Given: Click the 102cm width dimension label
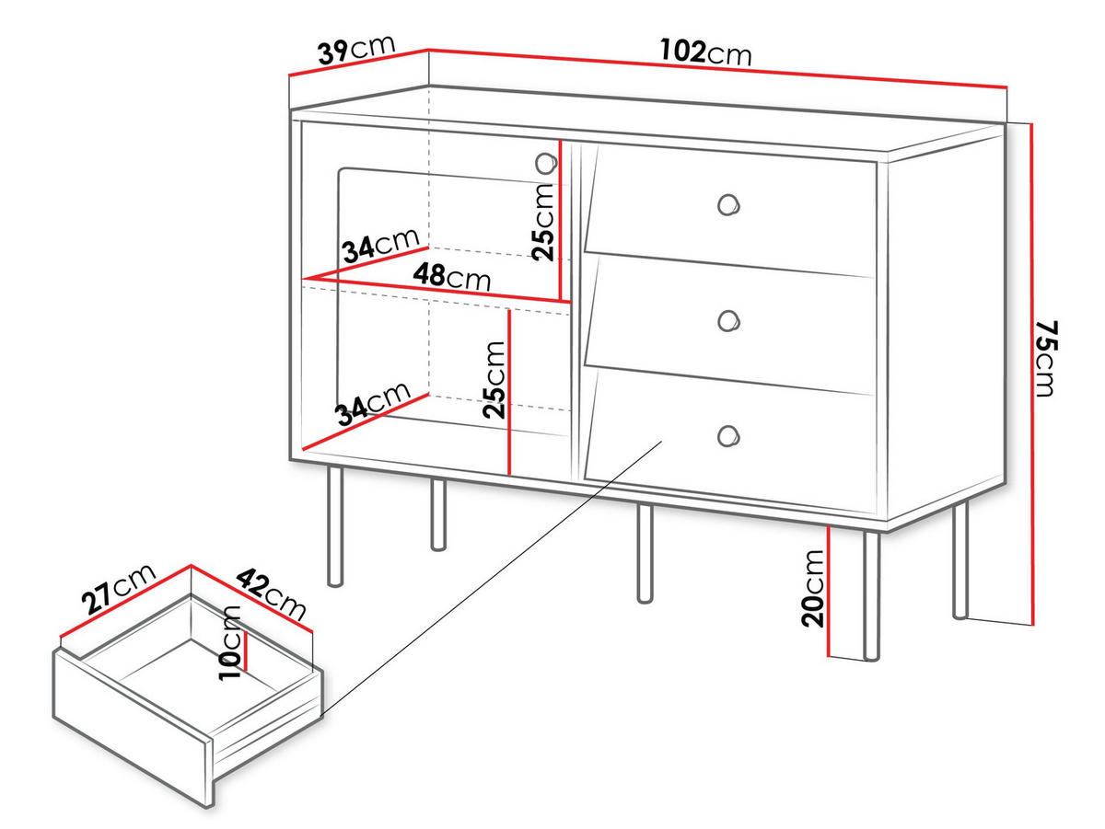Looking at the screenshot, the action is [705, 52].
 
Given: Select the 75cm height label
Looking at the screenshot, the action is [1047, 359].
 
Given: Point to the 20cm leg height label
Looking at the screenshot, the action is [812, 589].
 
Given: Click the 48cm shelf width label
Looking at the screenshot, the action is [451, 277].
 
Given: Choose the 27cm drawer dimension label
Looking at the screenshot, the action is [119, 589].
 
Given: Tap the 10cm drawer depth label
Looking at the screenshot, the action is [229, 642].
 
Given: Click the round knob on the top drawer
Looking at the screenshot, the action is [728, 205].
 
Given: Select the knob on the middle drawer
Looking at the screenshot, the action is [728, 321].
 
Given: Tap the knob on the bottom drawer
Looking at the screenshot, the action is [728, 435].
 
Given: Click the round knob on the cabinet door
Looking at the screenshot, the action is [546, 164].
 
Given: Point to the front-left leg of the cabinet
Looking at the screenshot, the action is [335, 526].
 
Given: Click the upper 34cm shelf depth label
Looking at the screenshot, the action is [381, 245].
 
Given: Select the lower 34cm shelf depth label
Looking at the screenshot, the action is [374, 403].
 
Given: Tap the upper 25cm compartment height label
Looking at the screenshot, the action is [543, 222].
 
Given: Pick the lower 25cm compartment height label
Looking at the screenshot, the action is [494, 380].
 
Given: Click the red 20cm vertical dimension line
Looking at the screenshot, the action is [828, 591].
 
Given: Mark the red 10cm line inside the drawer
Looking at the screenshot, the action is [246, 651].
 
